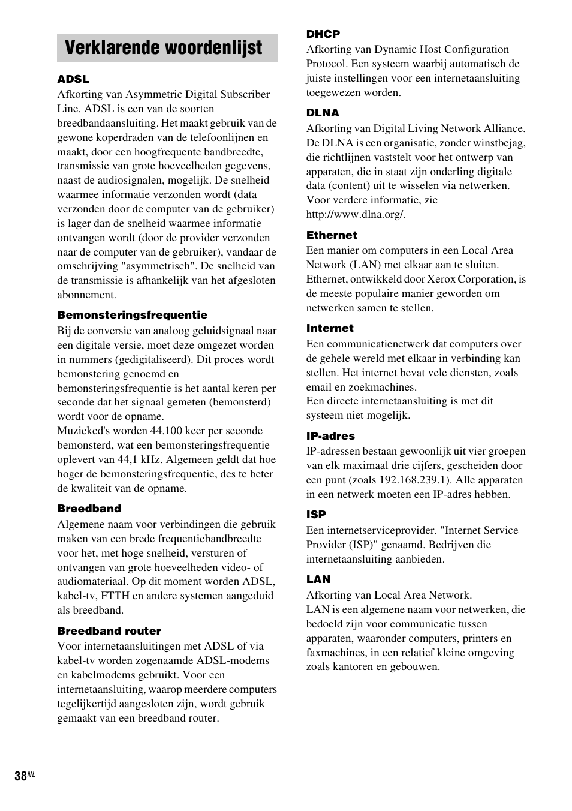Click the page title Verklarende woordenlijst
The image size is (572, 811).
point(163,48)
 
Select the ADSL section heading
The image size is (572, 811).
point(73,79)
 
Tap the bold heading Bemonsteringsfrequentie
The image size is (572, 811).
point(132,315)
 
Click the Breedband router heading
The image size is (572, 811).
point(109,631)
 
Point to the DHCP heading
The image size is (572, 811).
point(323,34)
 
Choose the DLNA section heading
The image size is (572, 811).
point(323,113)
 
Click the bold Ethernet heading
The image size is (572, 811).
point(332,235)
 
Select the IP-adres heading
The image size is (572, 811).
point(330,436)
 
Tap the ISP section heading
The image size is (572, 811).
point(316,515)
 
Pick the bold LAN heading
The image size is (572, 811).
point(318,579)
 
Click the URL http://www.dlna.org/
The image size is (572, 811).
point(356,214)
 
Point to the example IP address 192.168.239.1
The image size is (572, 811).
point(414,480)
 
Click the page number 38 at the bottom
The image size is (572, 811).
point(21,776)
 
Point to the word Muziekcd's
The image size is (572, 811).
point(85,431)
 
